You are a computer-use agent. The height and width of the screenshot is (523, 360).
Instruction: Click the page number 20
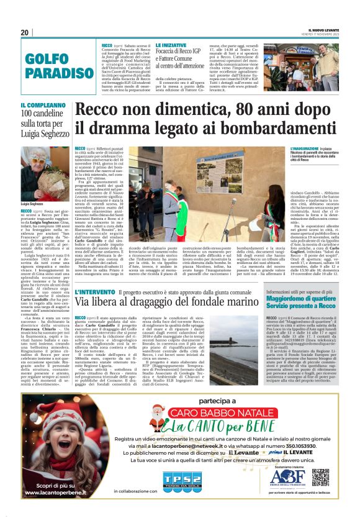click(x=25, y=32)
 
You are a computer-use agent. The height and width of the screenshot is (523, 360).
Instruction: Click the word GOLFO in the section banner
click(x=48, y=59)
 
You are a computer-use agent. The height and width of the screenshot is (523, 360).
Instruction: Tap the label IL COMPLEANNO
click(x=42, y=106)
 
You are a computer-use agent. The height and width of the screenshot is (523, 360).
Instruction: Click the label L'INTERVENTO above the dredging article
click(x=94, y=292)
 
